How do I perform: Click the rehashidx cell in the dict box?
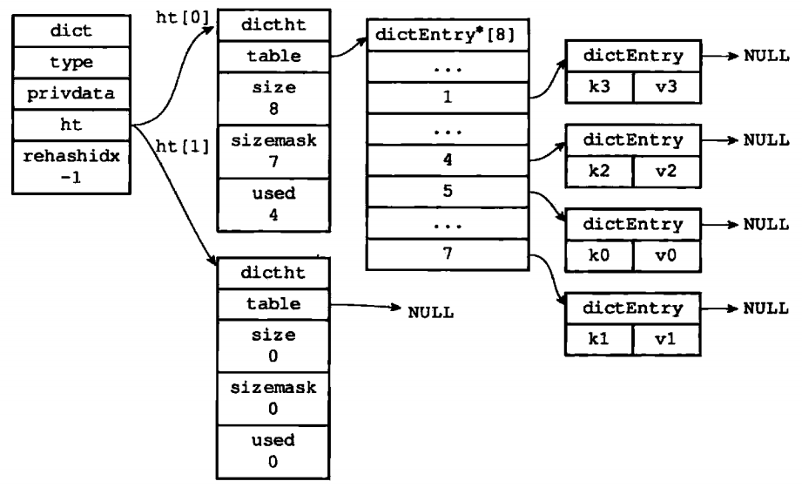tap(71, 167)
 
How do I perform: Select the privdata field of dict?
tap(71, 94)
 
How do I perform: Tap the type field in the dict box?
tap(71, 63)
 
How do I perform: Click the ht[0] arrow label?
tap(183, 18)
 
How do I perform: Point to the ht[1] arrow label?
tap(183, 147)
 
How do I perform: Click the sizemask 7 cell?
tap(273, 152)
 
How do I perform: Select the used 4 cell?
tap(273, 205)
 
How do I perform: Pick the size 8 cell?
tap(273, 98)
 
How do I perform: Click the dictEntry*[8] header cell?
tap(448, 35)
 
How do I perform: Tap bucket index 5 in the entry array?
tap(448, 192)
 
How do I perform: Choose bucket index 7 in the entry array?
tap(448, 254)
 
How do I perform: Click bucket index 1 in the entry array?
tap(448, 98)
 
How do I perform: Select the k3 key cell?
tap(599, 87)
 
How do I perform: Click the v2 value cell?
tap(666, 172)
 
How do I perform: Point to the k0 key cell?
tap(599, 255)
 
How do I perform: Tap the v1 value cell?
tap(666, 340)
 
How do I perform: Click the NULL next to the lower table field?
tap(431, 312)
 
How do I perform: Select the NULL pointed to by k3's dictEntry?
tap(766, 55)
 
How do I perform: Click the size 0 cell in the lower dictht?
tap(273, 346)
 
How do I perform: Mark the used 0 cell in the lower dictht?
tap(273, 451)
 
